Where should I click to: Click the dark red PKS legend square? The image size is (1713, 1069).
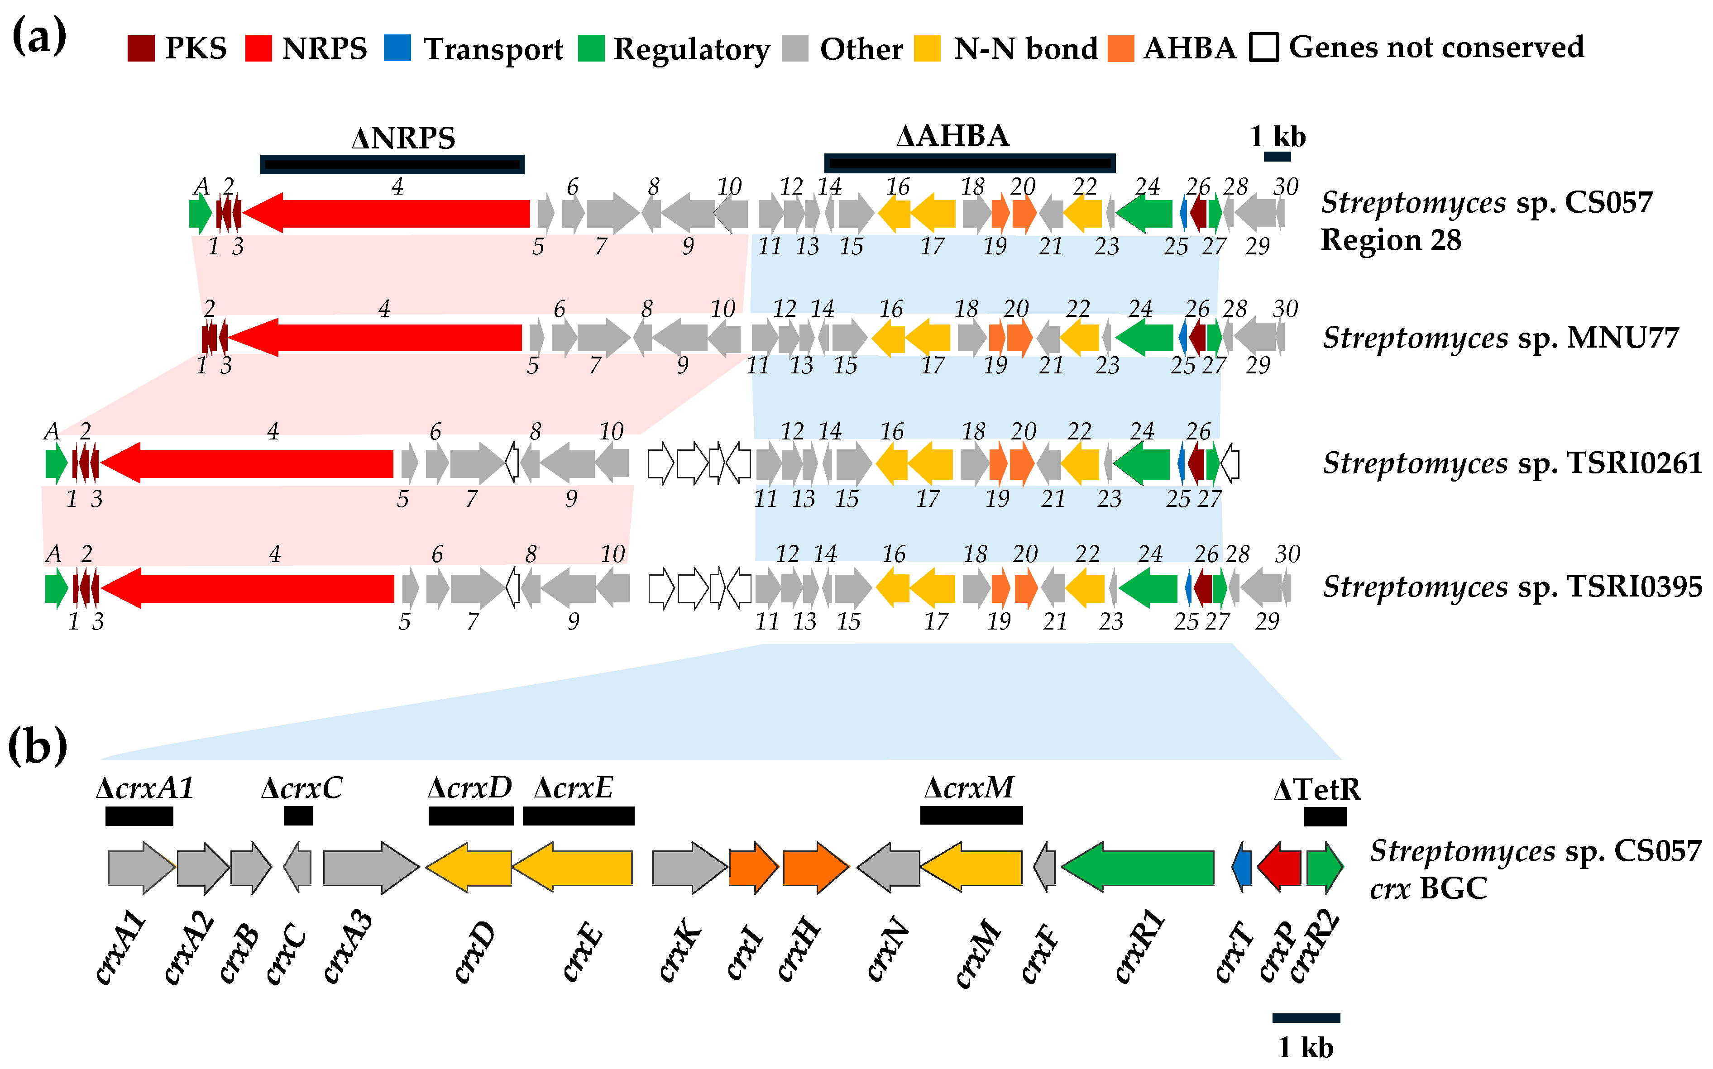click(141, 48)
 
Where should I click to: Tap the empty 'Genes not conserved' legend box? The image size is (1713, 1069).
click(1263, 48)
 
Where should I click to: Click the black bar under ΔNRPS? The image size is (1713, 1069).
click(392, 164)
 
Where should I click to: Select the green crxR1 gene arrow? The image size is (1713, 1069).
click(1138, 868)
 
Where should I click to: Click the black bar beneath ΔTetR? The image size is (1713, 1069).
click(1325, 816)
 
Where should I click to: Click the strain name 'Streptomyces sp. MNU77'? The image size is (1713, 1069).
click(1500, 338)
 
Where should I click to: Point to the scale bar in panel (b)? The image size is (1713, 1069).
click(1306, 1018)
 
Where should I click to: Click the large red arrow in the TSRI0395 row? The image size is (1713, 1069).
click(248, 588)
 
